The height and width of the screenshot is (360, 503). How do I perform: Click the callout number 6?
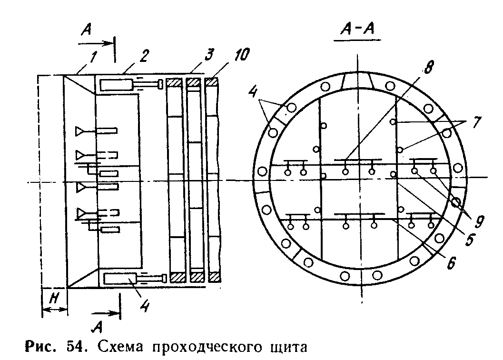point(450,263)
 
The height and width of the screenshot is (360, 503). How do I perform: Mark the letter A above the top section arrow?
point(88,31)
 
